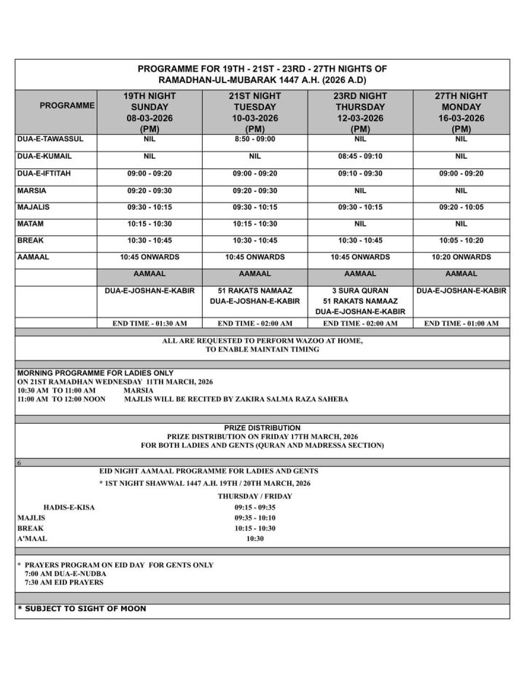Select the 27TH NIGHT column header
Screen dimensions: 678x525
(x=461, y=96)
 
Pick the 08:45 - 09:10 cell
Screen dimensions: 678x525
(x=359, y=156)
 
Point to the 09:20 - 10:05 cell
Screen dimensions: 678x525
(x=461, y=206)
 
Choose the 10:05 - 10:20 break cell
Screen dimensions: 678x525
(x=461, y=240)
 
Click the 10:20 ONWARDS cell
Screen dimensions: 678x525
(x=461, y=256)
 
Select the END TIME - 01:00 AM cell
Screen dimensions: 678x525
(x=461, y=323)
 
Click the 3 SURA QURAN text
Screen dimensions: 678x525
(x=359, y=291)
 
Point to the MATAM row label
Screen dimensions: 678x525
(x=31, y=223)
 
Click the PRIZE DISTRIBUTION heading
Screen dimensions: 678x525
(x=262, y=427)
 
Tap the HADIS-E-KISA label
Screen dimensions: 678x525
(x=69, y=507)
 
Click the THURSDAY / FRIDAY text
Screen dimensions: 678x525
(x=254, y=496)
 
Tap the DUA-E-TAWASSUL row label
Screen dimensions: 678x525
(x=48, y=138)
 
